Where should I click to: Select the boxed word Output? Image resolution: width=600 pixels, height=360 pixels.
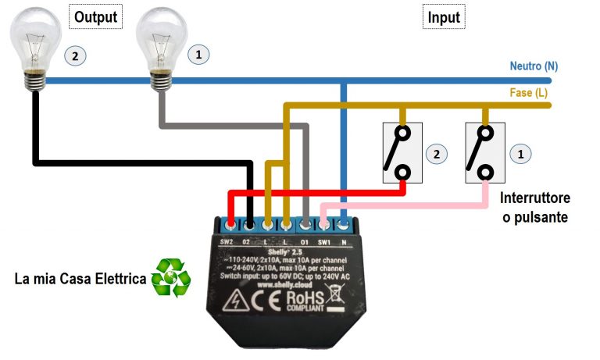(x=97, y=16)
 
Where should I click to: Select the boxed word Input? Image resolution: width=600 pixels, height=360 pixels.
(x=444, y=16)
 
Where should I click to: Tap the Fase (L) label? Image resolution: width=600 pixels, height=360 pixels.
(x=529, y=93)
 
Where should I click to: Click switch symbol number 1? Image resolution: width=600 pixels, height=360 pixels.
(x=480, y=152)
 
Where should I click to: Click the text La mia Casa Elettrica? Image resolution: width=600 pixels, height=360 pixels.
(x=80, y=279)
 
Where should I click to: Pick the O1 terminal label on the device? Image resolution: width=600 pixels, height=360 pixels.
(x=305, y=242)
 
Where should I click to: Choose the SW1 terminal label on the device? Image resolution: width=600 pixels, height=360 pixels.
(x=324, y=242)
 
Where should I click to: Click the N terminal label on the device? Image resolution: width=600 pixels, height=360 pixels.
(x=344, y=242)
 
